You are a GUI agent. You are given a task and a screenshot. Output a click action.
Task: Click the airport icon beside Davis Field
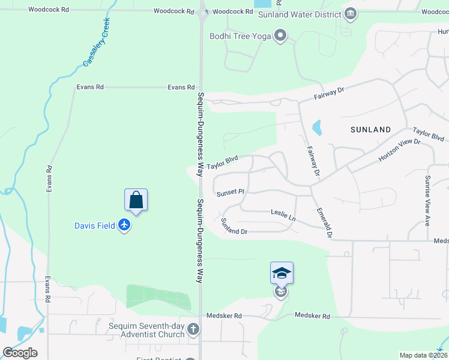(x=124, y=226)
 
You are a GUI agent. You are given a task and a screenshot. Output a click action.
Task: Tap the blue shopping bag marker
(x=136, y=200)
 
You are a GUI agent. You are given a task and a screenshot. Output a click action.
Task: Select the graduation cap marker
(x=282, y=273)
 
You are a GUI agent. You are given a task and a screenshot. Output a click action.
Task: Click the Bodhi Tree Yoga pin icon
(x=280, y=36)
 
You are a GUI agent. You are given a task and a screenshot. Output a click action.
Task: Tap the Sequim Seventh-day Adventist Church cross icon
(x=193, y=329)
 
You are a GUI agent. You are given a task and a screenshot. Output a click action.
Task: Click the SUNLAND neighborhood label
(x=370, y=130)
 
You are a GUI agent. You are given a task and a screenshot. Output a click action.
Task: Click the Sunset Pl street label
(x=231, y=193)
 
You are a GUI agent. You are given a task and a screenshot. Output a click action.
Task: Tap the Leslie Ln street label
(x=283, y=214)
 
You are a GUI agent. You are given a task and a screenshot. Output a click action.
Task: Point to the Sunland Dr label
(x=234, y=227)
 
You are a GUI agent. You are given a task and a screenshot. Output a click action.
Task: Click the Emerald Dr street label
(x=325, y=223)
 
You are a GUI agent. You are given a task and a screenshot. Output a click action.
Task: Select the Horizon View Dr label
(x=399, y=150)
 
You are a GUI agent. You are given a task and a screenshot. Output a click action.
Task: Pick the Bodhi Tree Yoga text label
(x=240, y=36)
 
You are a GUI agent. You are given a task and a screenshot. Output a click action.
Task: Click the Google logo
(x=20, y=352)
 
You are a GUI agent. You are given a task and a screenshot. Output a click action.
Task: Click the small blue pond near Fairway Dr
(x=316, y=128)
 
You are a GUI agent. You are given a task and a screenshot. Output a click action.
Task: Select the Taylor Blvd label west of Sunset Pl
(x=222, y=163)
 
